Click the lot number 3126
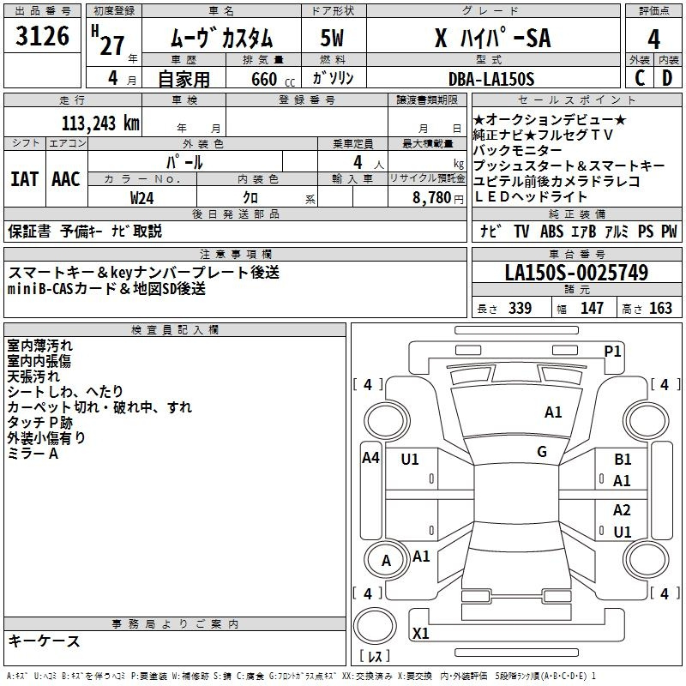(x=42, y=35)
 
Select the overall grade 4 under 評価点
(x=653, y=39)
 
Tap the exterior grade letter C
(x=640, y=78)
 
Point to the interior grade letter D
(x=667, y=78)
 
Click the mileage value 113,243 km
(x=100, y=123)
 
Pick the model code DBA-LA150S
(x=491, y=79)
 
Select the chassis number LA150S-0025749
(x=576, y=272)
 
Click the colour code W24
(x=141, y=198)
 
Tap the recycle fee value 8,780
(x=432, y=198)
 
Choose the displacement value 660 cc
(x=273, y=79)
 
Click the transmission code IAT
(x=25, y=179)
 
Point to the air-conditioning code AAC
(x=66, y=179)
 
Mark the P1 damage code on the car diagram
(x=612, y=352)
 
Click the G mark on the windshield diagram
(x=542, y=452)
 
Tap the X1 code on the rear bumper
(x=420, y=633)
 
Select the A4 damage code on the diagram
(x=370, y=458)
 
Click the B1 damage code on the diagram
(x=623, y=459)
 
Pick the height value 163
(x=660, y=308)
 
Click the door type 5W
(x=332, y=38)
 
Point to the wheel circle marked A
(x=386, y=561)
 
